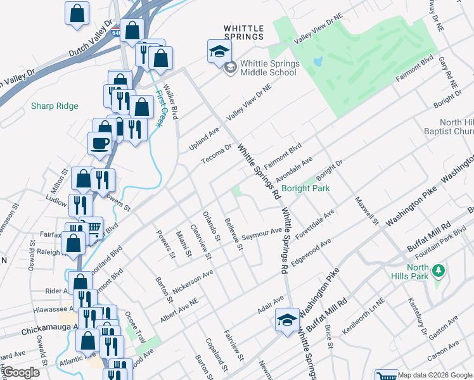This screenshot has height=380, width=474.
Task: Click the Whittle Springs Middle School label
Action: [x=268, y=68]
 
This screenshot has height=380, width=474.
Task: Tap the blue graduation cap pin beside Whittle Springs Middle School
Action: [x=219, y=51]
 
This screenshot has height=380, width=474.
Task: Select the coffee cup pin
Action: [x=100, y=143]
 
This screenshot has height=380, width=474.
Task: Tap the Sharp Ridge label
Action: [x=54, y=106]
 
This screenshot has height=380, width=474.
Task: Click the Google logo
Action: [x=22, y=372]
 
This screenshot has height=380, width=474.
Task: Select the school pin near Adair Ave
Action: [x=287, y=319]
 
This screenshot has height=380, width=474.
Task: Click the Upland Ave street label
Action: [x=203, y=139]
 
